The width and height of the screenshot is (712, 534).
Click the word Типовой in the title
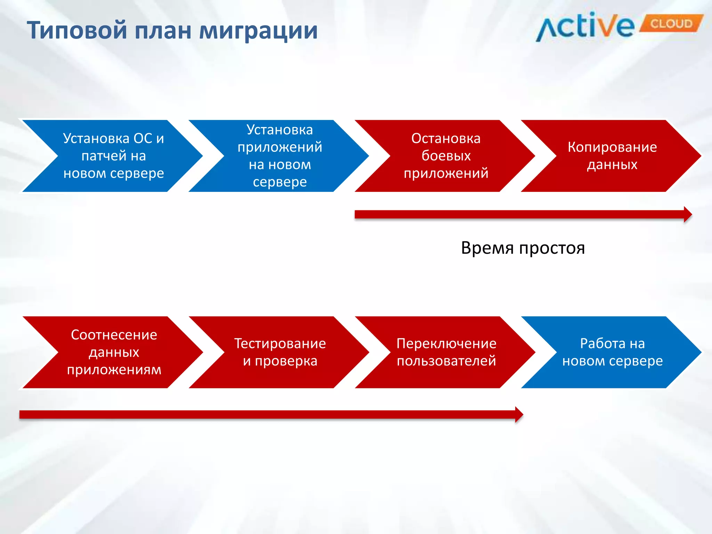[x=77, y=31]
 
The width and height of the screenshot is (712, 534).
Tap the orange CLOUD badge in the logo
[x=671, y=24]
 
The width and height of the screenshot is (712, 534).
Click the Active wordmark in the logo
[x=586, y=27]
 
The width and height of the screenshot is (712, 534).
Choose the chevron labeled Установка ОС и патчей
[x=113, y=156]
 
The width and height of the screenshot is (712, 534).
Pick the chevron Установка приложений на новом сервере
[x=280, y=156]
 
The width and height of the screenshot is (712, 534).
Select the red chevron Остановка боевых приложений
[x=446, y=156]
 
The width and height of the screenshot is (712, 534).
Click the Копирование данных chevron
[x=612, y=156]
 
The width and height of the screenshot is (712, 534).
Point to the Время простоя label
[x=523, y=248]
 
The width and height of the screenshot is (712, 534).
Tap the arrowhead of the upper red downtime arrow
[x=688, y=215]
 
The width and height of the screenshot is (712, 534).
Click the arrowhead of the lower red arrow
[x=519, y=414]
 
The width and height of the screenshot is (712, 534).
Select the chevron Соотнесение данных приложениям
[x=114, y=352]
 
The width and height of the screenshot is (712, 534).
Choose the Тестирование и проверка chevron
[x=280, y=352]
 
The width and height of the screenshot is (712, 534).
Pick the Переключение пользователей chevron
[x=446, y=352]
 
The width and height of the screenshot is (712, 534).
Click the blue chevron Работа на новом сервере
[x=613, y=352]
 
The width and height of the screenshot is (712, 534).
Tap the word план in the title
[x=163, y=31]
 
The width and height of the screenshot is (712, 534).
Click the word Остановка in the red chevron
[x=446, y=138]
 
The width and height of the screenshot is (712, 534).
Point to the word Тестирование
[x=280, y=343]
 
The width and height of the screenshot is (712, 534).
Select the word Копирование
[x=612, y=147]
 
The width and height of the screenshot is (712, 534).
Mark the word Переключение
[x=446, y=343]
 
